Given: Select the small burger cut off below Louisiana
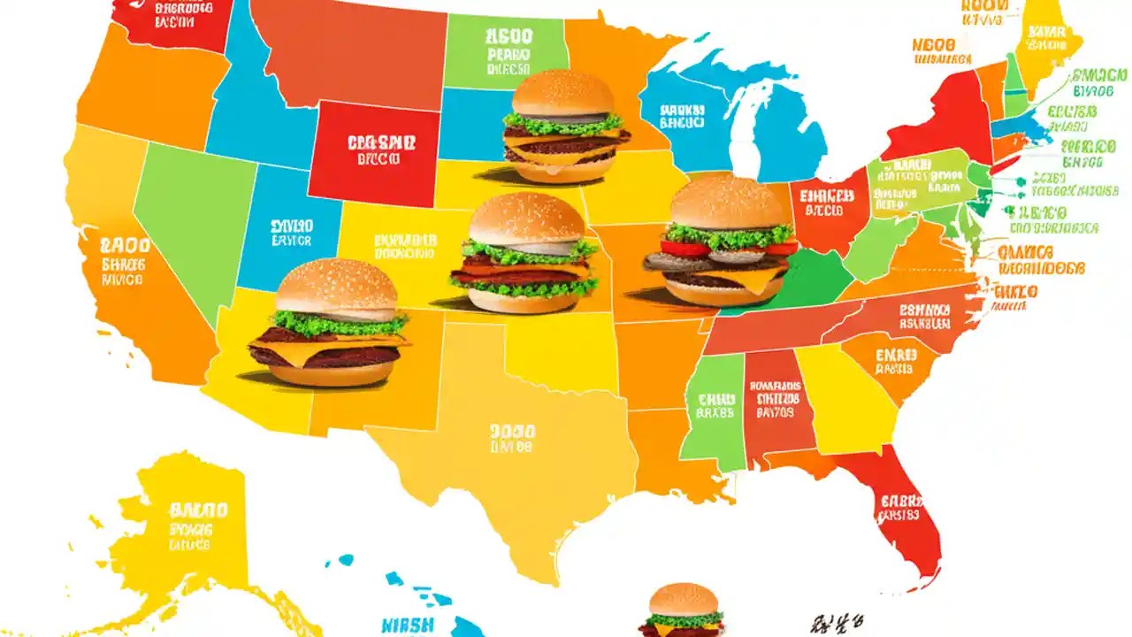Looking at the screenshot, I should (683, 610).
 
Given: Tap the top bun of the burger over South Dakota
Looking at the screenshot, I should (563, 93).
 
